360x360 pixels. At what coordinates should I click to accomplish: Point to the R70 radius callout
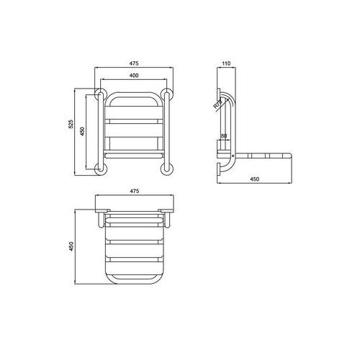[x=217, y=105]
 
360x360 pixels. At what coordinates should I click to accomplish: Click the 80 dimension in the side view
[x=224, y=136]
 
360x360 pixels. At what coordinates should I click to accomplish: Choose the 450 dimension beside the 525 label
[x=84, y=130]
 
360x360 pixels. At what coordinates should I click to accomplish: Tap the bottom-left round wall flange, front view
[x=100, y=168]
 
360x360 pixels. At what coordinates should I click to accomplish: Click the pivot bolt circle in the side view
[x=233, y=154]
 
